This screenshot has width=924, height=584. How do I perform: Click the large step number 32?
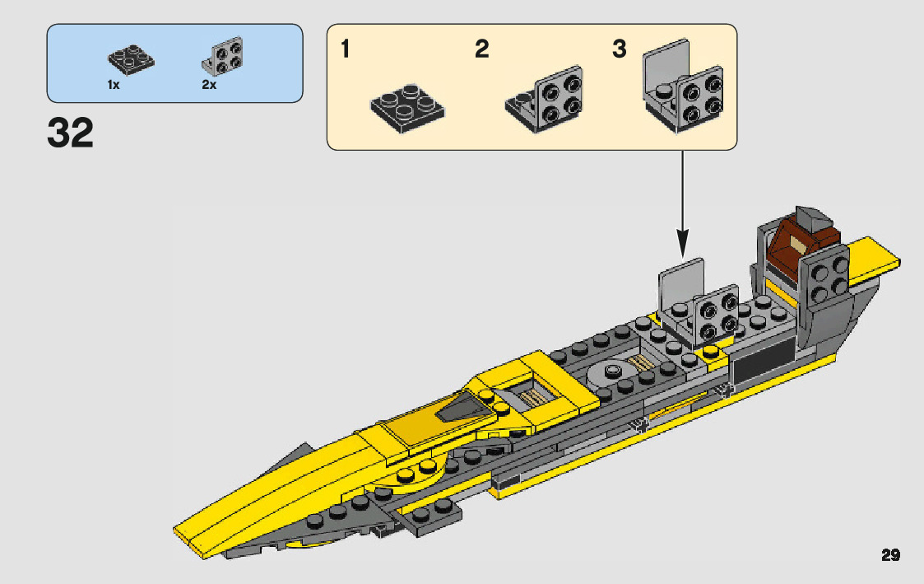[x=71, y=134]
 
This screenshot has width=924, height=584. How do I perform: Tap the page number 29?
[x=890, y=555]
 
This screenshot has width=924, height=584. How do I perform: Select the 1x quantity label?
[x=114, y=85]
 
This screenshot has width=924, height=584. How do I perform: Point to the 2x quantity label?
[x=209, y=85]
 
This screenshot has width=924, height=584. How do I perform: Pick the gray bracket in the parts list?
[x=223, y=58]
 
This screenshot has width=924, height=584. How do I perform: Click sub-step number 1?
[x=346, y=50]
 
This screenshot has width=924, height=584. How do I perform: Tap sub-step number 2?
[x=482, y=50]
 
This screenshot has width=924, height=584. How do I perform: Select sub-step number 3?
[x=619, y=50]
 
